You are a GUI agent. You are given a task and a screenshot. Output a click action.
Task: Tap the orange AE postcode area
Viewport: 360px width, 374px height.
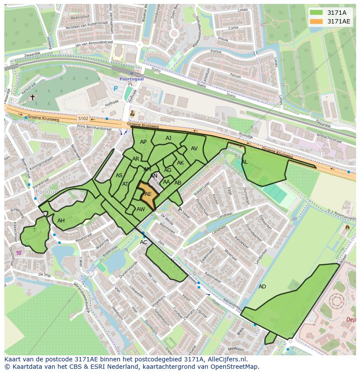pyautogui.click(x=148, y=194)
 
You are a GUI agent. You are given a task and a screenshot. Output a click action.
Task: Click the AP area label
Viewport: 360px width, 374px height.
pyautogui.click(x=143, y=142)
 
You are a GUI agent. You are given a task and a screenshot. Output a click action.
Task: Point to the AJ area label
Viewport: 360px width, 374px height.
pyautogui.click(x=169, y=138)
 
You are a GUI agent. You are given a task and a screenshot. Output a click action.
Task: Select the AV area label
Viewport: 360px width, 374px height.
pyautogui.click(x=194, y=149)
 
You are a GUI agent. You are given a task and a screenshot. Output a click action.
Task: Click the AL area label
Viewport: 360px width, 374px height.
pyautogui.click(x=244, y=162)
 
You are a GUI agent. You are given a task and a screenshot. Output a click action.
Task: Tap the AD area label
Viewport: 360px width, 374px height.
pyautogui.click(x=262, y=287)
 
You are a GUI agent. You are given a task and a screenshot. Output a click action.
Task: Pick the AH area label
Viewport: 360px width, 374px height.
pyautogui.click(x=61, y=221)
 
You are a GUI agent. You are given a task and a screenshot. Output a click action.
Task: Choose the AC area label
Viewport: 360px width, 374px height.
pyautogui.click(x=143, y=242)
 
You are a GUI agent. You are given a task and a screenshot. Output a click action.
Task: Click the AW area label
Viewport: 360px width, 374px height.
pyautogui.click(x=140, y=209)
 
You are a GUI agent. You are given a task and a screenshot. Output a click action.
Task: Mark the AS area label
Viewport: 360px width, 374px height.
pyautogui.click(x=119, y=175)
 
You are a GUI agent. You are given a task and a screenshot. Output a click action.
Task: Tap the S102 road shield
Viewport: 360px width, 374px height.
pyautogui.click(x=83, y=118)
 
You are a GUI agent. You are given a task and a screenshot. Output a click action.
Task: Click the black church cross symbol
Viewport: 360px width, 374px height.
pyautogui.click(x=33, y=98)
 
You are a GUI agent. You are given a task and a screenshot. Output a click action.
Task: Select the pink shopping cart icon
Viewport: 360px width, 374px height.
pyautogui.click(x=19, y=252)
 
